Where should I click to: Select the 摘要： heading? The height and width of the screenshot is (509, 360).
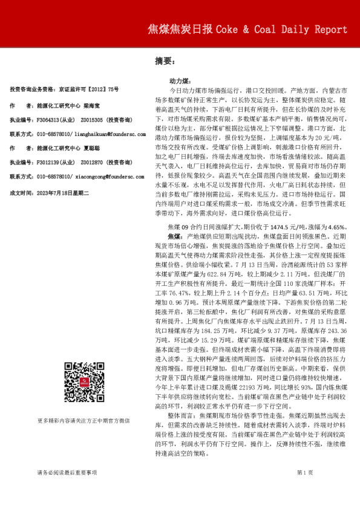point(165,60)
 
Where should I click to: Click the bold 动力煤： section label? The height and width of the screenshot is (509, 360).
point(182,80)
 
